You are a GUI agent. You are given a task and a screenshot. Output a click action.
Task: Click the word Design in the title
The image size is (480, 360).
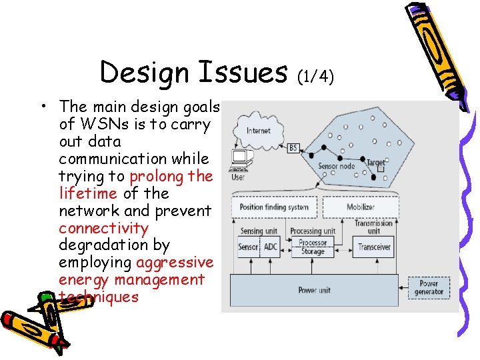point(139,72)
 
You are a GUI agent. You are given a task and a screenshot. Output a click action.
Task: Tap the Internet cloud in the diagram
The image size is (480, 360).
point(258,131)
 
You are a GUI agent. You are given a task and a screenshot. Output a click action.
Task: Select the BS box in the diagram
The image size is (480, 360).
point(293,148)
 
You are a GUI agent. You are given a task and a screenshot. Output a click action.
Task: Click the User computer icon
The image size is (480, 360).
point(239,160)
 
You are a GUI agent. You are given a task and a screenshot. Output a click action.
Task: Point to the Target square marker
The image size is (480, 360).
point(380,169)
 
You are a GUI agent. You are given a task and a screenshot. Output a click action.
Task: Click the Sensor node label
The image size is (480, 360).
point(336,166)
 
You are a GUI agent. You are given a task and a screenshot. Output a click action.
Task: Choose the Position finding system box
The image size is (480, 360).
point(274,207)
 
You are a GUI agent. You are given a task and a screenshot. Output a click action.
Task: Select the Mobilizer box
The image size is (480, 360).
point(361,207)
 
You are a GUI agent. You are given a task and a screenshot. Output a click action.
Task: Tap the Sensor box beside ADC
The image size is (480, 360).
point(248,247)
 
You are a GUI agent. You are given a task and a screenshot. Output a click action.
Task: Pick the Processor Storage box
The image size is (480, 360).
point(312,247)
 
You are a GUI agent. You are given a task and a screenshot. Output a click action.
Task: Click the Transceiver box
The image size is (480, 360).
point(374,247)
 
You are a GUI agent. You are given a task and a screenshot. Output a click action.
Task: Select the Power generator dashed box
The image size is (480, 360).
point(428,287)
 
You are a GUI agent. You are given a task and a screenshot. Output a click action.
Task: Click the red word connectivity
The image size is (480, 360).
point(103,228)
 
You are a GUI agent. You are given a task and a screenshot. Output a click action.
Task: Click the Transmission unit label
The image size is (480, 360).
point(373,227)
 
